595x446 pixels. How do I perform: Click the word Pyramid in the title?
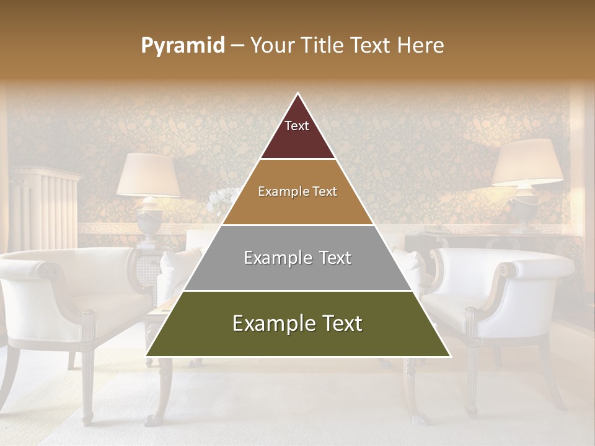pos(183,46)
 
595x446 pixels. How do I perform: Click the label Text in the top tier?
pos(297,126)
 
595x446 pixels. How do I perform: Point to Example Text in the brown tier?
pos(297,191)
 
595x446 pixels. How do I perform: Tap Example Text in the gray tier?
pos(297,258)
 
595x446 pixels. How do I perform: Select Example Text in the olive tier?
pos(297,323)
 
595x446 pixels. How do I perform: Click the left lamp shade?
pos(149,175)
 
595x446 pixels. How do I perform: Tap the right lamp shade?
pos(527,162)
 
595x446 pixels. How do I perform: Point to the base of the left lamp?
pos(148,223)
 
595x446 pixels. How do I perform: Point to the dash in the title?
pos(237,46)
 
